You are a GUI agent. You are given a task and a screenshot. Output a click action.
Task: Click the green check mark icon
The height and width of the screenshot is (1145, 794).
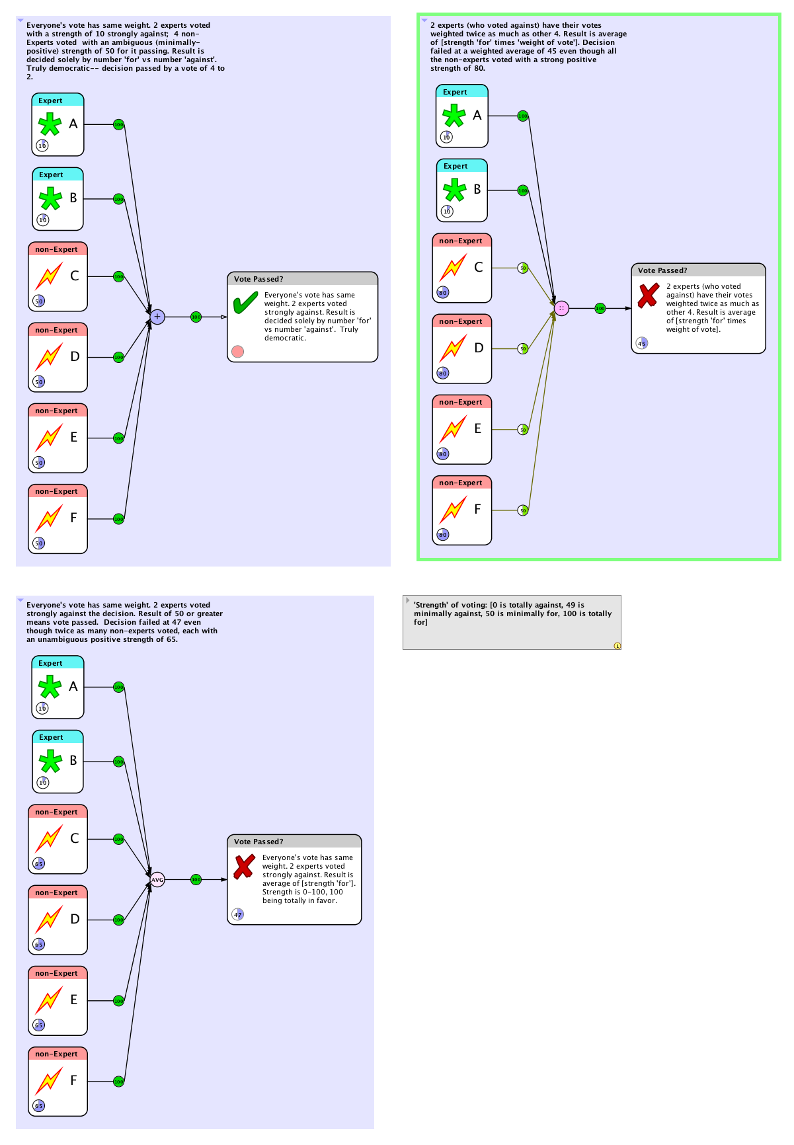[x=245, y=303]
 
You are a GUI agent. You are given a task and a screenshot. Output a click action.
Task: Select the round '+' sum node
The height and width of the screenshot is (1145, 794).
[x=157, y=317]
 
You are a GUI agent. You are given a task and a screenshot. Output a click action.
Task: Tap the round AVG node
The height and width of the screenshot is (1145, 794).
[x=157, y=880]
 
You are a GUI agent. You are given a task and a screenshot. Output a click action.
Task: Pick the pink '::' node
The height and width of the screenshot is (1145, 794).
[x=561, y=309]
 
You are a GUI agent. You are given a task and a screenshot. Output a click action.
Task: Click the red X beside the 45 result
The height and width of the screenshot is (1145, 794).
[x=649, y=295]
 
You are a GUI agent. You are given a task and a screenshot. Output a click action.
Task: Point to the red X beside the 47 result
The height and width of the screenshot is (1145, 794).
[x=244, y=866]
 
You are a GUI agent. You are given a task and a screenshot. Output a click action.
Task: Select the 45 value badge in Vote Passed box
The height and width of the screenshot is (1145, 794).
[x=641, y=343]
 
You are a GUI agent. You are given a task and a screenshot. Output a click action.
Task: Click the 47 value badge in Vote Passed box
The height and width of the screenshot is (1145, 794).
[x=237, y=915]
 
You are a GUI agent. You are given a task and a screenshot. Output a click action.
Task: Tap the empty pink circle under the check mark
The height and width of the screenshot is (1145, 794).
[x=238, y=352]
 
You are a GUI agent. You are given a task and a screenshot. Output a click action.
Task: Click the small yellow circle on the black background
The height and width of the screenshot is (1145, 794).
[x=617, y=646]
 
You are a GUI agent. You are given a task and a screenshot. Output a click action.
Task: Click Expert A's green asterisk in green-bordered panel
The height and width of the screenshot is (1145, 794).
[x=454, y=116]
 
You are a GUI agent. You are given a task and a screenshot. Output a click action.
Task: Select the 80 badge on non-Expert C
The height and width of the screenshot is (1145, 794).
[x=443, y=292]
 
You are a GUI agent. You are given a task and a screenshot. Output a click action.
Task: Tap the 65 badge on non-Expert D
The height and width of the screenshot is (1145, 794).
[x=39, y=944]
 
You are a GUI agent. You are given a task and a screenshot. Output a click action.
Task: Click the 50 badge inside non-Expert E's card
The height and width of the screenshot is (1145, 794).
[x=39, y=463]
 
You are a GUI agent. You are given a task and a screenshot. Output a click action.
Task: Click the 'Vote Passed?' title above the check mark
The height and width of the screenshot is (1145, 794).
[x=258, y=279]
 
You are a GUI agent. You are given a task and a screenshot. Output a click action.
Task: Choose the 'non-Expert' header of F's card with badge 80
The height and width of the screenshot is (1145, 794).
[x=461, y=483]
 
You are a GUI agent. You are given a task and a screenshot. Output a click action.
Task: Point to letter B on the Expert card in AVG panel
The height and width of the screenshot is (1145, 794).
[x=73, y=760]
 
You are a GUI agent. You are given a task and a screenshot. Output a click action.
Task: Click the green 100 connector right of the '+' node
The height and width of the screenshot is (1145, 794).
[x=196, y=317]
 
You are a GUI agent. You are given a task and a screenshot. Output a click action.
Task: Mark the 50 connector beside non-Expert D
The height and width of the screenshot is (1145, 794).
[x=523, y=348]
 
